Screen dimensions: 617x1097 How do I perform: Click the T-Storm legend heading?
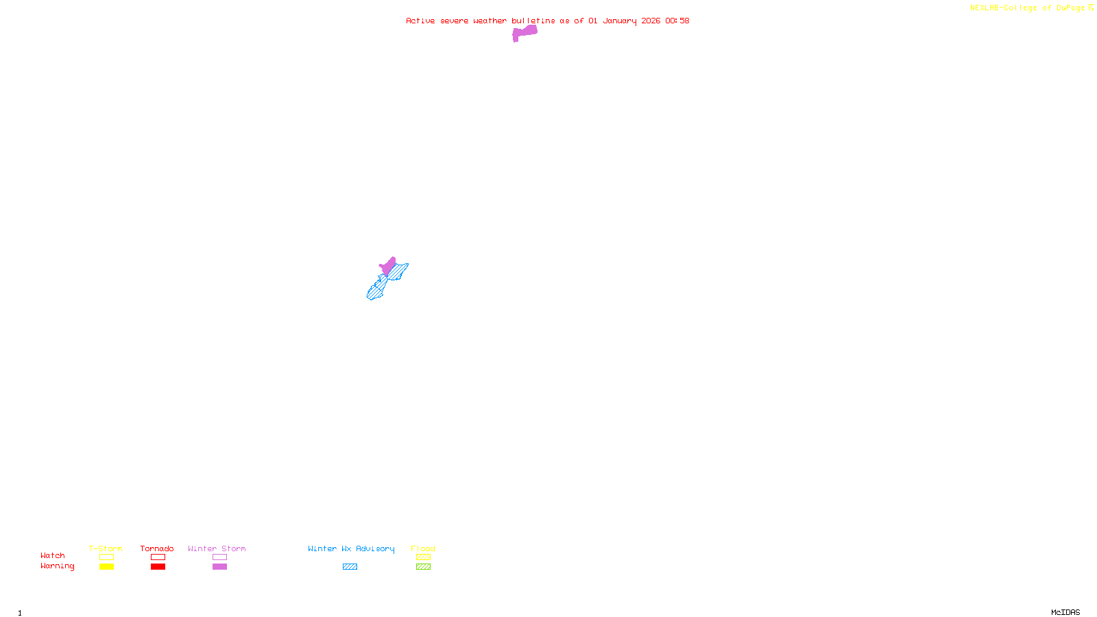tap(106, 548)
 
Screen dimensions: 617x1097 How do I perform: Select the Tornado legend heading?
tap(157, 548)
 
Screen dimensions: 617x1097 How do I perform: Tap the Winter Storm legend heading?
tap(217, 548)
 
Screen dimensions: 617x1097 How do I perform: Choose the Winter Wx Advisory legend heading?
tap(351, 548)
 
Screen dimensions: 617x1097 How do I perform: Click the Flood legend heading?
tap(423, 548)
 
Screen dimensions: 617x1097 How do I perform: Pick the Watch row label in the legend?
tap(53, 555)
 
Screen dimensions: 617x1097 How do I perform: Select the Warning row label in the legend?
tap(58, 566)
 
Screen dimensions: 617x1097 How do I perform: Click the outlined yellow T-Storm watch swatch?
tap(106, 557)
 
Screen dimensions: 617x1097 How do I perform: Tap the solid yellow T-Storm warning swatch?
tap(106, 567)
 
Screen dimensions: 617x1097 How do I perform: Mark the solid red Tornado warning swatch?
tap(158, 567)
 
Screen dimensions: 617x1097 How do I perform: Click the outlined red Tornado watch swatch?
tap(158, 557)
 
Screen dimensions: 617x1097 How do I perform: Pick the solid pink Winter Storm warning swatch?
tap(219, 567)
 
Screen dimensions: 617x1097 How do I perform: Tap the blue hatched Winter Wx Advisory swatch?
tap(350, 567)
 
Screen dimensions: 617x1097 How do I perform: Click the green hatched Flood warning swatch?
tap(423, 567)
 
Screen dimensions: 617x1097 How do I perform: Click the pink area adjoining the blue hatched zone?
tap(389, 265)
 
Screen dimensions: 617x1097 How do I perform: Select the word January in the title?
tap(620, 21)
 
